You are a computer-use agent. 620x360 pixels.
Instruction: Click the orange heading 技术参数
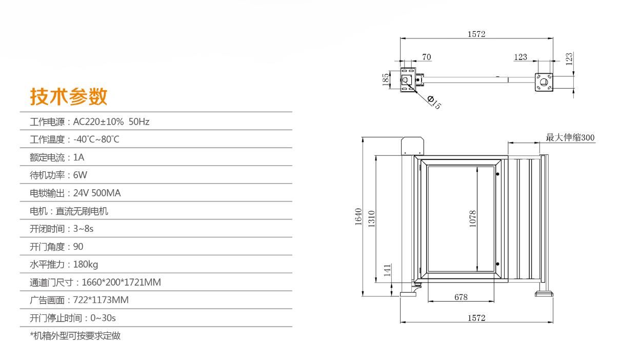tap(69, 96)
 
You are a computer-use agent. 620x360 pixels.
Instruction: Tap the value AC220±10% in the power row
tap(98, 122)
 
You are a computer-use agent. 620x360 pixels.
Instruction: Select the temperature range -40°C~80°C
tap(96, 139)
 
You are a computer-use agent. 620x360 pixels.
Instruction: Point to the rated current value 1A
tap(78, 157)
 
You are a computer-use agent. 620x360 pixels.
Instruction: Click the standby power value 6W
tap(80, 175)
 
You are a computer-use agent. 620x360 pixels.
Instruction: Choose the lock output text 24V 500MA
tap(97, 193)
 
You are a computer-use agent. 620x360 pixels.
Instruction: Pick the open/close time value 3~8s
tap(83, 229)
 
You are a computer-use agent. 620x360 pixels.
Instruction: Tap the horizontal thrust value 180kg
tap(86, 265)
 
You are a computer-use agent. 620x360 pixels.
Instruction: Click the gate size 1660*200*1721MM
tap(121, 283)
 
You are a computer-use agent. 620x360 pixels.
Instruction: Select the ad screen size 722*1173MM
tap(101, 300)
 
